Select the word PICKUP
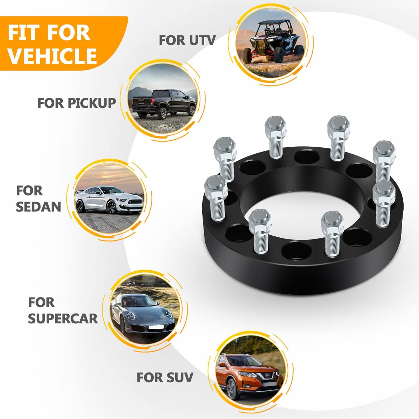(92, 103)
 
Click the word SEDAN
(38, 207)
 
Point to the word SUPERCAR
(63, 319)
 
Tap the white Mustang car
(109, 200)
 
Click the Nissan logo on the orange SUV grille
(267, 375)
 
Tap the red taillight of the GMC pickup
(153, 102)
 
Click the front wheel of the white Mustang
(111, 207)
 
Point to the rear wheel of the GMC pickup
(162, 113)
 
